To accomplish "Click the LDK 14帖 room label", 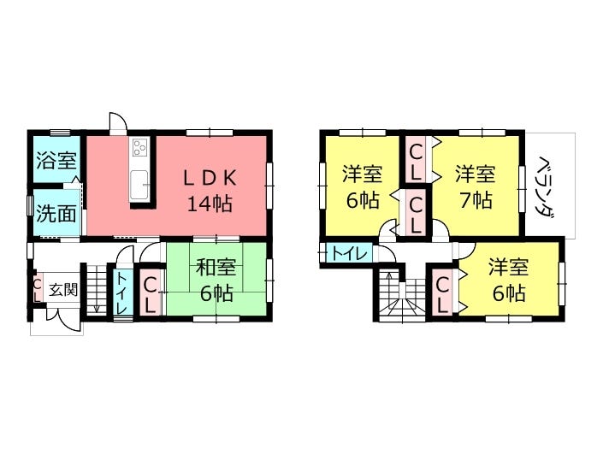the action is (x=210, y=190).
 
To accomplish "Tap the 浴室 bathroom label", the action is (x=56, y=160).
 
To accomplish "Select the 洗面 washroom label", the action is (x=56, y=213).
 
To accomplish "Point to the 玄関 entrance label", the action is (x=63, y=289).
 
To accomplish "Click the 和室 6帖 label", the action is (x=216, y=281).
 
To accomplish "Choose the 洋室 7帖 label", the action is (x=476, y=186).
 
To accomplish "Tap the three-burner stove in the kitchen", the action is (x=139, y=148).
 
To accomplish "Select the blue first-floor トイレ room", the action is (x=123, y=292).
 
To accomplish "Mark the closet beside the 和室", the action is (x=150, y=293).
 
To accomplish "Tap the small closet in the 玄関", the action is (x=38, y=289).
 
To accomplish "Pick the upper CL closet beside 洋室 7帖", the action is (x=416, y=162).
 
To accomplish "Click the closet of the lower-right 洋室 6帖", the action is (x=443, y=293).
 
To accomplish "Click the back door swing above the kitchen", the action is (x=118, y=122).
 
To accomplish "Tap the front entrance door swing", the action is (x=64, y=321).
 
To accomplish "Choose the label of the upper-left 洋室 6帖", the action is (x=362, y=186).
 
